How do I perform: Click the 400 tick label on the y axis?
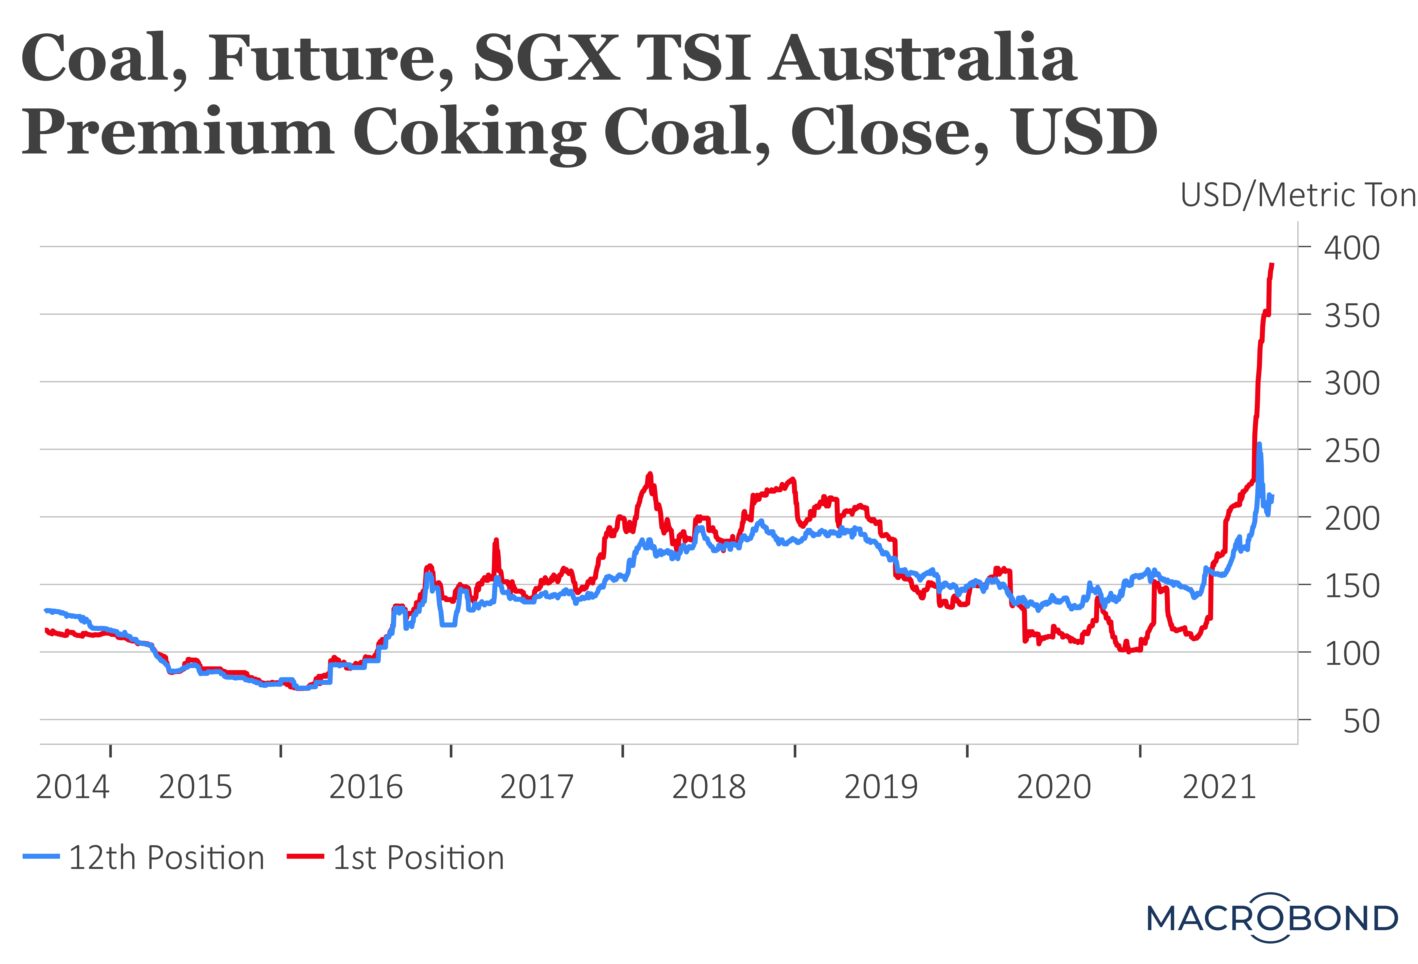[1352, 248]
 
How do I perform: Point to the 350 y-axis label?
[1352, 316]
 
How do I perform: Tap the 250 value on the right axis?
[1352, 451]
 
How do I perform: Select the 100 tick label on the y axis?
[1352, 654]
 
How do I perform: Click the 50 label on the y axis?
[1361, 722]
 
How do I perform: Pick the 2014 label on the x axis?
[73, 787]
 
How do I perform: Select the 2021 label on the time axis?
[1219, 787]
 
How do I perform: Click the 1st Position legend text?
[419, 858]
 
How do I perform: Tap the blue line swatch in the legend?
[41, 857]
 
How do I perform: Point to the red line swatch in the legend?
[305, 857]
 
